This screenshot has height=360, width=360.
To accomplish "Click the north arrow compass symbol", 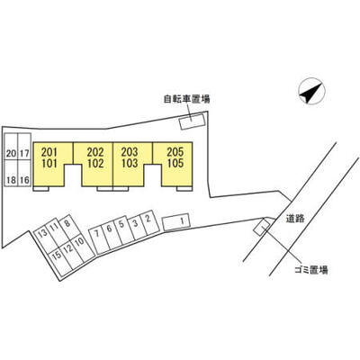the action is coord(311,92).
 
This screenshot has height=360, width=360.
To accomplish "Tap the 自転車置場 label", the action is coord(186,99).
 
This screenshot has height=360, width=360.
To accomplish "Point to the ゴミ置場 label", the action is coord(310,270).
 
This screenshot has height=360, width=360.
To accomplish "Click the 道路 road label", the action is coord(295,219).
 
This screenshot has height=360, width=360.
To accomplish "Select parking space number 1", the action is coord(176,222).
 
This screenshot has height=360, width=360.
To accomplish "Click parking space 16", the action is coord(24,174).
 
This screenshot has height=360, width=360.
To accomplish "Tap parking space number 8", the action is coord(69,227).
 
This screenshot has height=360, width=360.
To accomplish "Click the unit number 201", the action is coord(49,152).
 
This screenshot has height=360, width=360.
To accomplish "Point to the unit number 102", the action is coord(95,164).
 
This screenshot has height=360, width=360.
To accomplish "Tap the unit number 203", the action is coord(130,152).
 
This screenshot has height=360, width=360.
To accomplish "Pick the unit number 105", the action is coord(175,164).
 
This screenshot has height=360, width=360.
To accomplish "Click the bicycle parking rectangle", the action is coord(192,121).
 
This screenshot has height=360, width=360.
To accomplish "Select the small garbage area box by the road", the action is coord(262,227).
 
